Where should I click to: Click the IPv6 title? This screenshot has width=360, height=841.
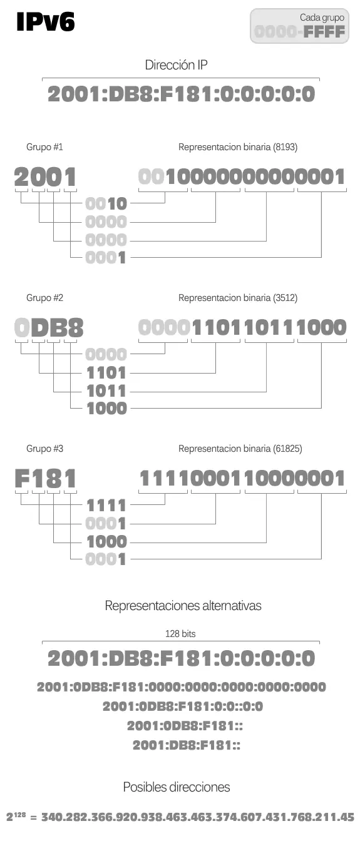click(46, 22)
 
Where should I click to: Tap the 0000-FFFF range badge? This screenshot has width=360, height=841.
click(299, 26)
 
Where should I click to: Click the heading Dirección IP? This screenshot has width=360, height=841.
click(176, 65)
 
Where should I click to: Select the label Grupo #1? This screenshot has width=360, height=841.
click(44, 147)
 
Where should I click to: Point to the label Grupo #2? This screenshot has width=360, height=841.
click(44, 298)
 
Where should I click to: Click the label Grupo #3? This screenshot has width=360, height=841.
click(44, 449)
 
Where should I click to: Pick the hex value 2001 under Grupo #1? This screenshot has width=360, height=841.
click(46, 177)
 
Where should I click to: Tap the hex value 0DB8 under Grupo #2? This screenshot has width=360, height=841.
click(49, 327)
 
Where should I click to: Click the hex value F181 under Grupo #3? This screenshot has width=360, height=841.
click(46, 478)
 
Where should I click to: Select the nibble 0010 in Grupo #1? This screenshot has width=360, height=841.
click(106, 204)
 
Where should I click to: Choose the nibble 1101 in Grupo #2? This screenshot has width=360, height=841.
click(106, 373)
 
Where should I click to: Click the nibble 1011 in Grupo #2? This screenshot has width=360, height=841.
click(106, 391)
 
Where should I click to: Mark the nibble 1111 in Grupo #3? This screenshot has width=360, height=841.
click(106, 506)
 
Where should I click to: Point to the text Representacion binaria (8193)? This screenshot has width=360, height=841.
click(238, 147)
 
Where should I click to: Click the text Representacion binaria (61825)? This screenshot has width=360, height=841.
click(240, 449)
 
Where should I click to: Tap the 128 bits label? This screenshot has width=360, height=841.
click(180, 634)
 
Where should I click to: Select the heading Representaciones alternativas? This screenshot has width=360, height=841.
click(183, 606)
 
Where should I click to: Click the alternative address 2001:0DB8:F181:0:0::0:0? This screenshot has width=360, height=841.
click(183, 706)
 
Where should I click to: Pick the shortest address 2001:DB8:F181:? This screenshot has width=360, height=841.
click(187, 745)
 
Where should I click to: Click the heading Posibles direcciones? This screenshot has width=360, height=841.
click(176, 787)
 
